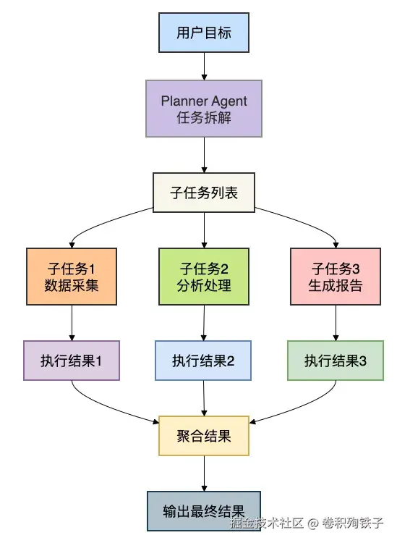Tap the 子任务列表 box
tap(204, 193)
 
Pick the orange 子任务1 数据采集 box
tap(72, 276)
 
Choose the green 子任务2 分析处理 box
tap(204, 276)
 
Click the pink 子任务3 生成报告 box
tap(336, 276)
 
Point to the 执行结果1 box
tap(71, 360)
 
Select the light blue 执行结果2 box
tap(203, 360)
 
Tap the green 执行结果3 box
tap(335, 360)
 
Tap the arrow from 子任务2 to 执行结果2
tap(204, 321)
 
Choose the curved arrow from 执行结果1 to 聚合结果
tap(108, 407)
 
